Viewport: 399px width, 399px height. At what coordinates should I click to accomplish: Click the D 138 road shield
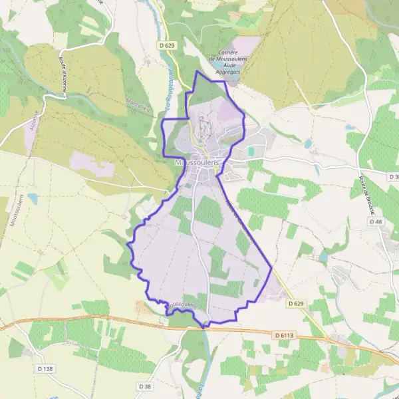[x=43, y=368]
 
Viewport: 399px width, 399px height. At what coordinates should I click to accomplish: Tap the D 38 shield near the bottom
[x=146, y=386]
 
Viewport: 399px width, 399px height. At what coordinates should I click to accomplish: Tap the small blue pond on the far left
[x=33, y=199]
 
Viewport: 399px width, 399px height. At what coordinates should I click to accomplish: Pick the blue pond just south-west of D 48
[x=323, y=257]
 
